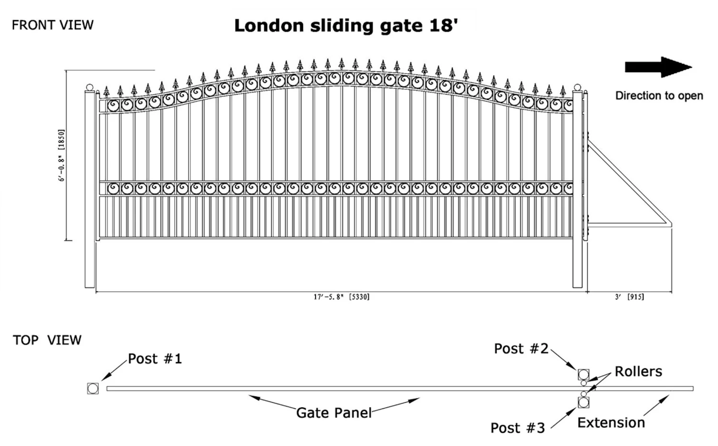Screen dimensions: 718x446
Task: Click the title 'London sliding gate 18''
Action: (346, 26)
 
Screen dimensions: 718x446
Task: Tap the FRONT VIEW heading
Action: (53, 25)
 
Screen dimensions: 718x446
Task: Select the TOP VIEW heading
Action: (47, 340)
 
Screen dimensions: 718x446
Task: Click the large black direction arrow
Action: (658, 67)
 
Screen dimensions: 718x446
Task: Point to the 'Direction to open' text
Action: (659, 96)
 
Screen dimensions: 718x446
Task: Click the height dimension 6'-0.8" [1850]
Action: (61, 155)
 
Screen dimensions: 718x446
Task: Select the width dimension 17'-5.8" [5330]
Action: (342, 297)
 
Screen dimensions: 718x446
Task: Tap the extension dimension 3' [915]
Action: (629, 297)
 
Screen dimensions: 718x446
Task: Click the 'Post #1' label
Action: (155, 359)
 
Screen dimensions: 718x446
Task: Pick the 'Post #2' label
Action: (521, 348)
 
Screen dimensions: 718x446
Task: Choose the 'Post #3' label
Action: (517, 428)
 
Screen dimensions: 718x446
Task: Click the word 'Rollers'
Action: (639, 371)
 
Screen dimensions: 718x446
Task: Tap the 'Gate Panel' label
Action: (334, 413)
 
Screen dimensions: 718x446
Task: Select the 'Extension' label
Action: (611, 423)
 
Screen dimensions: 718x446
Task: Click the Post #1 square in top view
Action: (93, 389)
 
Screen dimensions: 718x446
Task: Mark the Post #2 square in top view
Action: (583, 375)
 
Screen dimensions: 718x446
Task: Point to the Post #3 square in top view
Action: (583, 402)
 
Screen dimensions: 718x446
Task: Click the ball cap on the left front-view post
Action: (90, 87)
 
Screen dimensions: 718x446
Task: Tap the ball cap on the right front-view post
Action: (577, 87)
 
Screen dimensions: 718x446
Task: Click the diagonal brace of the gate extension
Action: (629, 183)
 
